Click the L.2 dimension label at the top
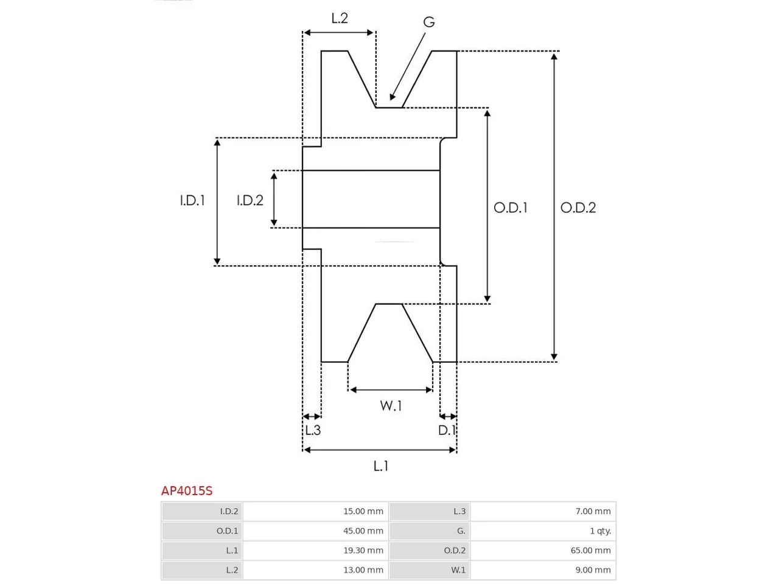[339, 18]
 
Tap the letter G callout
[428, 22]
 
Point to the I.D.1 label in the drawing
[192, 201]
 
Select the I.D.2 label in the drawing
[250, 201]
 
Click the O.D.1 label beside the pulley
[511, 208]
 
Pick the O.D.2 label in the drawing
[578, 208]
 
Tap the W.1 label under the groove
[391, 406]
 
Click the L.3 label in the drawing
[313, 430]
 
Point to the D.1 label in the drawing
[447, 430]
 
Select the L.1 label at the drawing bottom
[381, 466]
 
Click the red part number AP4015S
[187, 491]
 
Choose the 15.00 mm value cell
[315, 512]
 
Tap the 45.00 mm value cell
[315, 531]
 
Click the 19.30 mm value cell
[315, 551]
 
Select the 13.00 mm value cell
[315, 570]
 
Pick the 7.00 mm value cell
[543, 512]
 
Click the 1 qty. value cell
[543, 531]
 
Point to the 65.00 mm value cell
[543, 551]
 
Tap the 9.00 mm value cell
[543, 570]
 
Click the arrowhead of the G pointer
[391, 98]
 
